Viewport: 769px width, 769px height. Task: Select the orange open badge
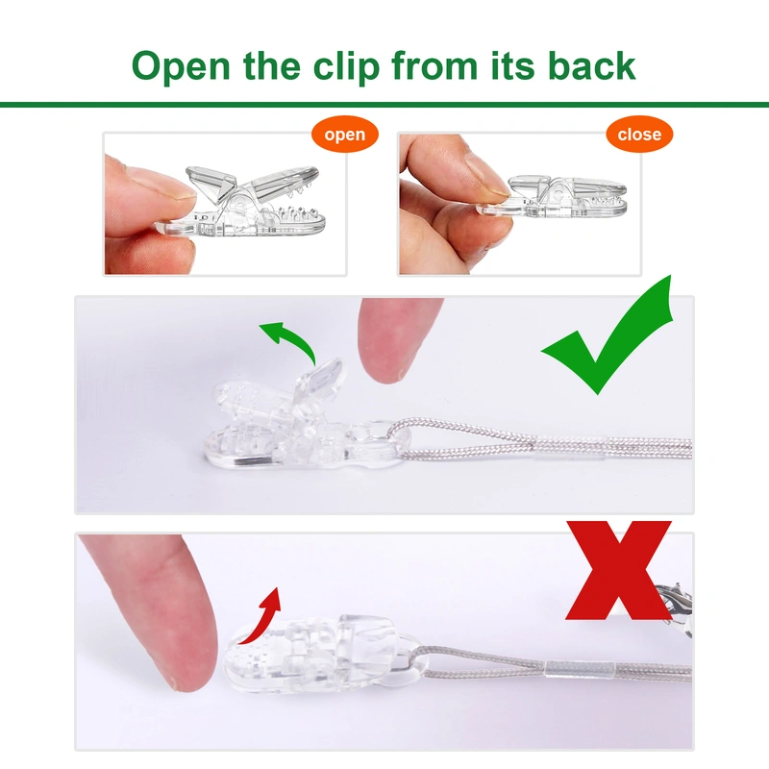click(x=344, y=134)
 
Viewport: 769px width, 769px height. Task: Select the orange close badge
click(x=639, y=134)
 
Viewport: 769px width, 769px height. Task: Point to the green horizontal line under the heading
click(x=384, y=104)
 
